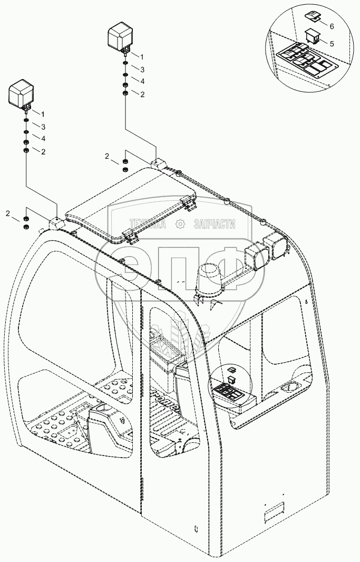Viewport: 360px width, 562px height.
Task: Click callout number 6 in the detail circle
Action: click(x=332, y=26)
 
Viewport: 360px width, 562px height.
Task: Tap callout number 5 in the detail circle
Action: click(x=332, y=44)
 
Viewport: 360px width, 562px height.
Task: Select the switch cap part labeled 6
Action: click(x=312, y=15)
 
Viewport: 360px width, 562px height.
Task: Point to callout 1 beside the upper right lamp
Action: click(x=142, y=56)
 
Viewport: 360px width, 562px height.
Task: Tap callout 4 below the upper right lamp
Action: click(x=142, y=81)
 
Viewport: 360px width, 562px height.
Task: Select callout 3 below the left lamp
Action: click(x=43, y=127)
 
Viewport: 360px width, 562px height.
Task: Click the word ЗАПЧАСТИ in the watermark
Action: click(x=214, y=225)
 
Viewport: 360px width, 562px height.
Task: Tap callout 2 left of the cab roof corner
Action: click(x=8, y=214)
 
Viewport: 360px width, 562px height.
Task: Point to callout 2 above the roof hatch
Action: click(x=107, y=156)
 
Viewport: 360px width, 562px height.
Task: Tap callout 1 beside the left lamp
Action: click(x=43, y=114)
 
